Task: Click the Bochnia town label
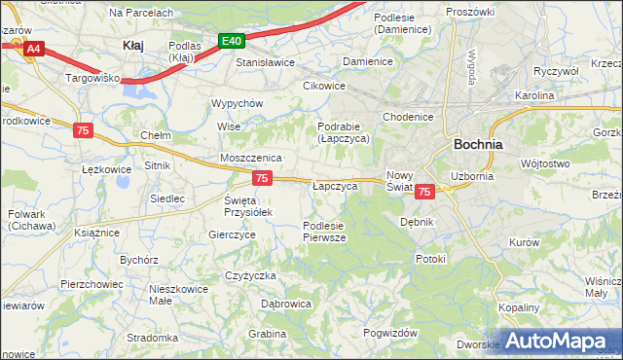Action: tap(478, 143)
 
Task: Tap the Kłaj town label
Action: tap(133, 45)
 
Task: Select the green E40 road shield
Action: tap(232, 41)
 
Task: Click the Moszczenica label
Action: tap(251, 157)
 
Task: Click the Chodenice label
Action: tap(408, 117)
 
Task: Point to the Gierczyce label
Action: tap(233, 234)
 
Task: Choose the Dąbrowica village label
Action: tap(286, 304)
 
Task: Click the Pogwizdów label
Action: tap(390, 333)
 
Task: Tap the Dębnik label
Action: tap(417, 222)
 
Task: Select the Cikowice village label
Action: tap(324, 85)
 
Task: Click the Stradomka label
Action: tap(151, 338)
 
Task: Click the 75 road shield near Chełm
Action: tap(83, 129)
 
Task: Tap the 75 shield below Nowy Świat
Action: tap(423, 193)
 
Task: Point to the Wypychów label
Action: tap(238, 103)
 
